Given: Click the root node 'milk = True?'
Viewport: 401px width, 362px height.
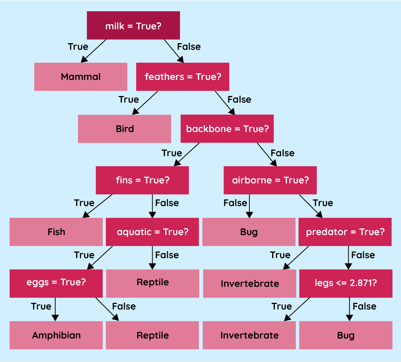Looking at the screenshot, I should click(x=133, y=25).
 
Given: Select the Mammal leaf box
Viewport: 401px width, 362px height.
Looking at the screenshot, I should click(x=81, y=77).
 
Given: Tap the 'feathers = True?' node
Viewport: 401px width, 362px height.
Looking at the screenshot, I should click(x=183, y=77).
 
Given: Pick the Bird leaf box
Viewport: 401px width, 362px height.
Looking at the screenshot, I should click(x=124, y=129).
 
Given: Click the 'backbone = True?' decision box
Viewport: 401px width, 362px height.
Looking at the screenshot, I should click(x=227, y=129).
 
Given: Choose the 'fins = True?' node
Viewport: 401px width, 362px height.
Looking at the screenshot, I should click(x=142, y=180).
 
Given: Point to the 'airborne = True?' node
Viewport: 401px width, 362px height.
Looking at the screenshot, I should click(x=270, y=180).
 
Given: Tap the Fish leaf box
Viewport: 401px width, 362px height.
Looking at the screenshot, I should click(x=56, y=232).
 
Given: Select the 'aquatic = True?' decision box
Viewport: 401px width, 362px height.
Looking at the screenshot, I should click(x=153, y=232).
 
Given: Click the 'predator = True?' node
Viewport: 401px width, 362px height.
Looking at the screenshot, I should click(x=345, y=232).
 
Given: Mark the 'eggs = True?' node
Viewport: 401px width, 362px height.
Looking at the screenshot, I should click(x=56, y=282).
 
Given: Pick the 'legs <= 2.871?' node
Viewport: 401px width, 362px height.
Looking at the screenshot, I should click(x=346, y=283).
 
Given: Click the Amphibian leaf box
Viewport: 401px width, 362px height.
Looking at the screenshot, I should click(x=56, y=335).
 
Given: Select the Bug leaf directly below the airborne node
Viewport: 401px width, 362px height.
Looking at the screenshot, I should click(x=249, y=232).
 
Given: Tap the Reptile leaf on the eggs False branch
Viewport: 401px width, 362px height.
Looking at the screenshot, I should click(x=153, y=335).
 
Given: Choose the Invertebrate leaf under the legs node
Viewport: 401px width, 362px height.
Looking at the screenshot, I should click(x=249, y=335).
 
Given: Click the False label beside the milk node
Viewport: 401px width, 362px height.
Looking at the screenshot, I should click(x=189, y=47).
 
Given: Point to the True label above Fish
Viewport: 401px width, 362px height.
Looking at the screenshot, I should click(x=84, y=203).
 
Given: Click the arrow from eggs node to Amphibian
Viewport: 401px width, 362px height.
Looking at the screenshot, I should click(x=55, y=309).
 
